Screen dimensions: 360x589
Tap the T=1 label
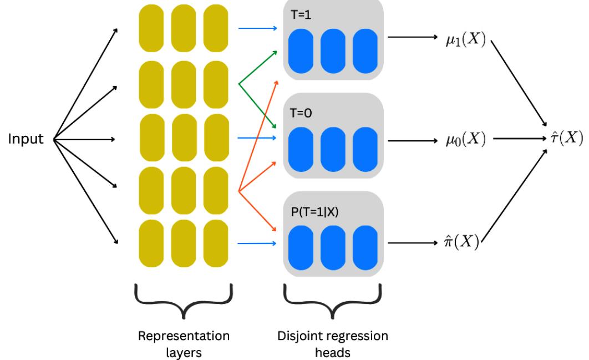click(301, 13)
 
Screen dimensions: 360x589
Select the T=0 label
click(301, 111)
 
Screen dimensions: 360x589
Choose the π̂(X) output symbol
click(463, 242)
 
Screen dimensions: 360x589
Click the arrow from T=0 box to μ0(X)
click(413, 140)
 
